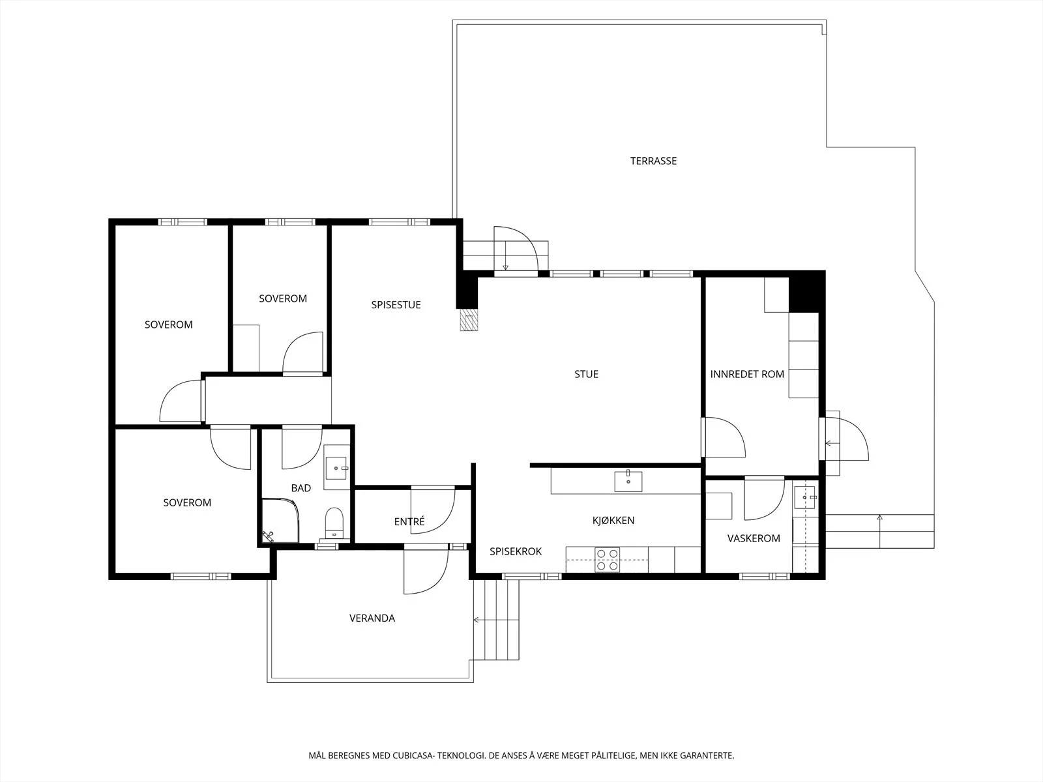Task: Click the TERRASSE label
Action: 653,161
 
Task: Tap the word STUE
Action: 586,374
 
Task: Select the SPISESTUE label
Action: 396,305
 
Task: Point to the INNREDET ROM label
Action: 747,374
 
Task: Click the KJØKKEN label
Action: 613,521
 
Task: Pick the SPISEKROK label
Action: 516,551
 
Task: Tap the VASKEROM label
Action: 754,538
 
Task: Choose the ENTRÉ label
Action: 409,521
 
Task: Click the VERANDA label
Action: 372,618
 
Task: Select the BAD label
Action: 301,488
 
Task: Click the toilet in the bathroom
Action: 334,523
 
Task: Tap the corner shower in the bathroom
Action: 280,521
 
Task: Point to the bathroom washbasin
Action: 336,468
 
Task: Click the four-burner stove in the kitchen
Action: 608,560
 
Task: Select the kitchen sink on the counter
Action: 628,481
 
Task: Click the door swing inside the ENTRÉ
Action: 433,510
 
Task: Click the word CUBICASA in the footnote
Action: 413,755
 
